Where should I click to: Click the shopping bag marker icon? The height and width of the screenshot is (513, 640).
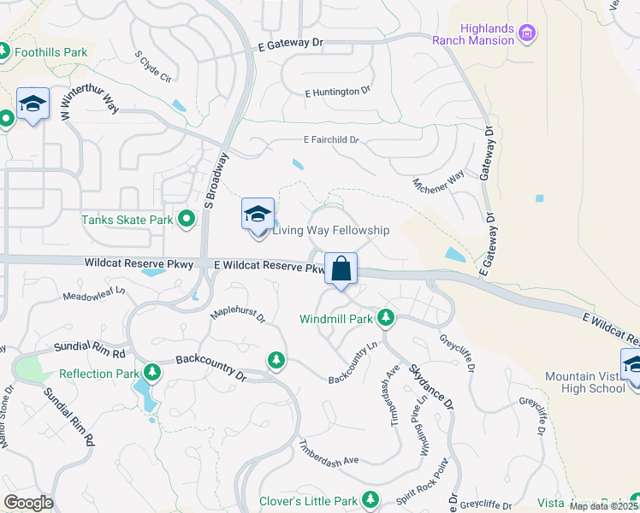click(341, 269)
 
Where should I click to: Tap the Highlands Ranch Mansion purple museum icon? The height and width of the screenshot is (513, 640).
click(528, 34)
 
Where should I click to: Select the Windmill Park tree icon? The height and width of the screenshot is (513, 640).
click(386, 318)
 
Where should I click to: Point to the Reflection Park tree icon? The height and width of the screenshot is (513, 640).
click(152, 373)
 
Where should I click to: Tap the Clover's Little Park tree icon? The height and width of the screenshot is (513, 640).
click(370, 499)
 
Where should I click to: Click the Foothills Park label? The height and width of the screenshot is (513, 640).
click(51, 52)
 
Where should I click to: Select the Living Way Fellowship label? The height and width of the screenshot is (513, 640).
click(330, 230)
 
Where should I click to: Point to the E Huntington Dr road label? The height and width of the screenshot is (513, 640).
click(337, 91)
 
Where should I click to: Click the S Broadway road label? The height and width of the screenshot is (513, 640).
click(216, 181)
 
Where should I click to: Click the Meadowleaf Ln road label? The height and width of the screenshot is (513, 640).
click(95, 294)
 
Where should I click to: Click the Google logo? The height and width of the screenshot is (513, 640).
click(28, 502)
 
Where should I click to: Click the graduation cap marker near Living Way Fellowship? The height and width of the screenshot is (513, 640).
click(257, 215)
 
